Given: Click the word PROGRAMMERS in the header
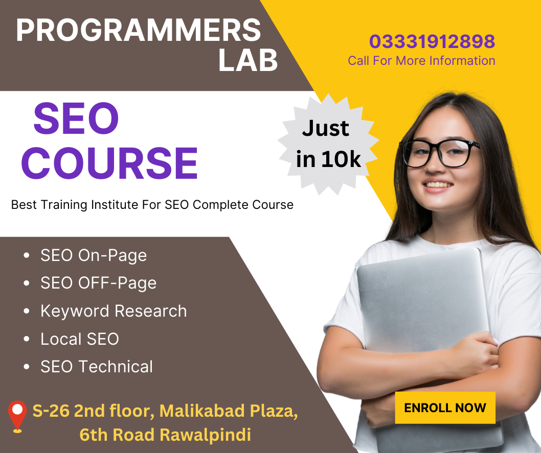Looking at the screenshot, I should point(138,31).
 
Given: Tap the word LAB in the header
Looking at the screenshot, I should point(248,61).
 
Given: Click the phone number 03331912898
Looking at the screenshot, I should point(432,41).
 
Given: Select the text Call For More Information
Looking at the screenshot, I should point(421,61).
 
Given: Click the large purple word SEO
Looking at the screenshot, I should point(76,118).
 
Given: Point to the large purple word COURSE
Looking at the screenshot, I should point(109,163).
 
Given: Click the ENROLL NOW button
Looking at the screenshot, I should point(445,408).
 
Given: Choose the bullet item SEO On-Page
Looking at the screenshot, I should point(94,255).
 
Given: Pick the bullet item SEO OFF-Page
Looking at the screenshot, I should point(98,283).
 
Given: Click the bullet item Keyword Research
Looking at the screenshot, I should point(114,311).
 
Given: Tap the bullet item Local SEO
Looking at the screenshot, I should point(80,339).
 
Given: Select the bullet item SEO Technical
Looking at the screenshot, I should point(97,367).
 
